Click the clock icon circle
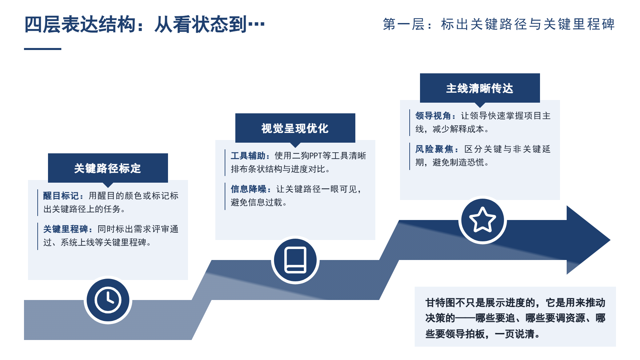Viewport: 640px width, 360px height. click(108, 300)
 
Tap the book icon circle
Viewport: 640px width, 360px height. click(295, 260)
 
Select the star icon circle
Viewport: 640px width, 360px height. click(482, 220)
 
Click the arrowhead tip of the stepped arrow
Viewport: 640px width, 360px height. click(610, 240)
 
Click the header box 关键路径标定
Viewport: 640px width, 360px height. click(108, 168)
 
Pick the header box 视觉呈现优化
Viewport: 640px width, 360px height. click(295, 128)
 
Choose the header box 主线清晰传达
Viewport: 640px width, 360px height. click(480, 88)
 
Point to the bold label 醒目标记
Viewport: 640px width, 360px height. click(61, 196)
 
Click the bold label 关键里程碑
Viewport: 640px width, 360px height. click(66, 229)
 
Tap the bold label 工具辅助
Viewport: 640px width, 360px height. click(248, 156)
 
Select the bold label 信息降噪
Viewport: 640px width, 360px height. click(249, 189)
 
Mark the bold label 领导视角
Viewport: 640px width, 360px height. click(433, 116)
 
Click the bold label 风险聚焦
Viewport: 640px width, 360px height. click(434, 149)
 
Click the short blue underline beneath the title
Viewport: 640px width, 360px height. click(43, 49)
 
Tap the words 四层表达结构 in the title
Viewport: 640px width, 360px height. click(80, 24)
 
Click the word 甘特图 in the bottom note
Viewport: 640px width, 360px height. click(440, 303)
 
